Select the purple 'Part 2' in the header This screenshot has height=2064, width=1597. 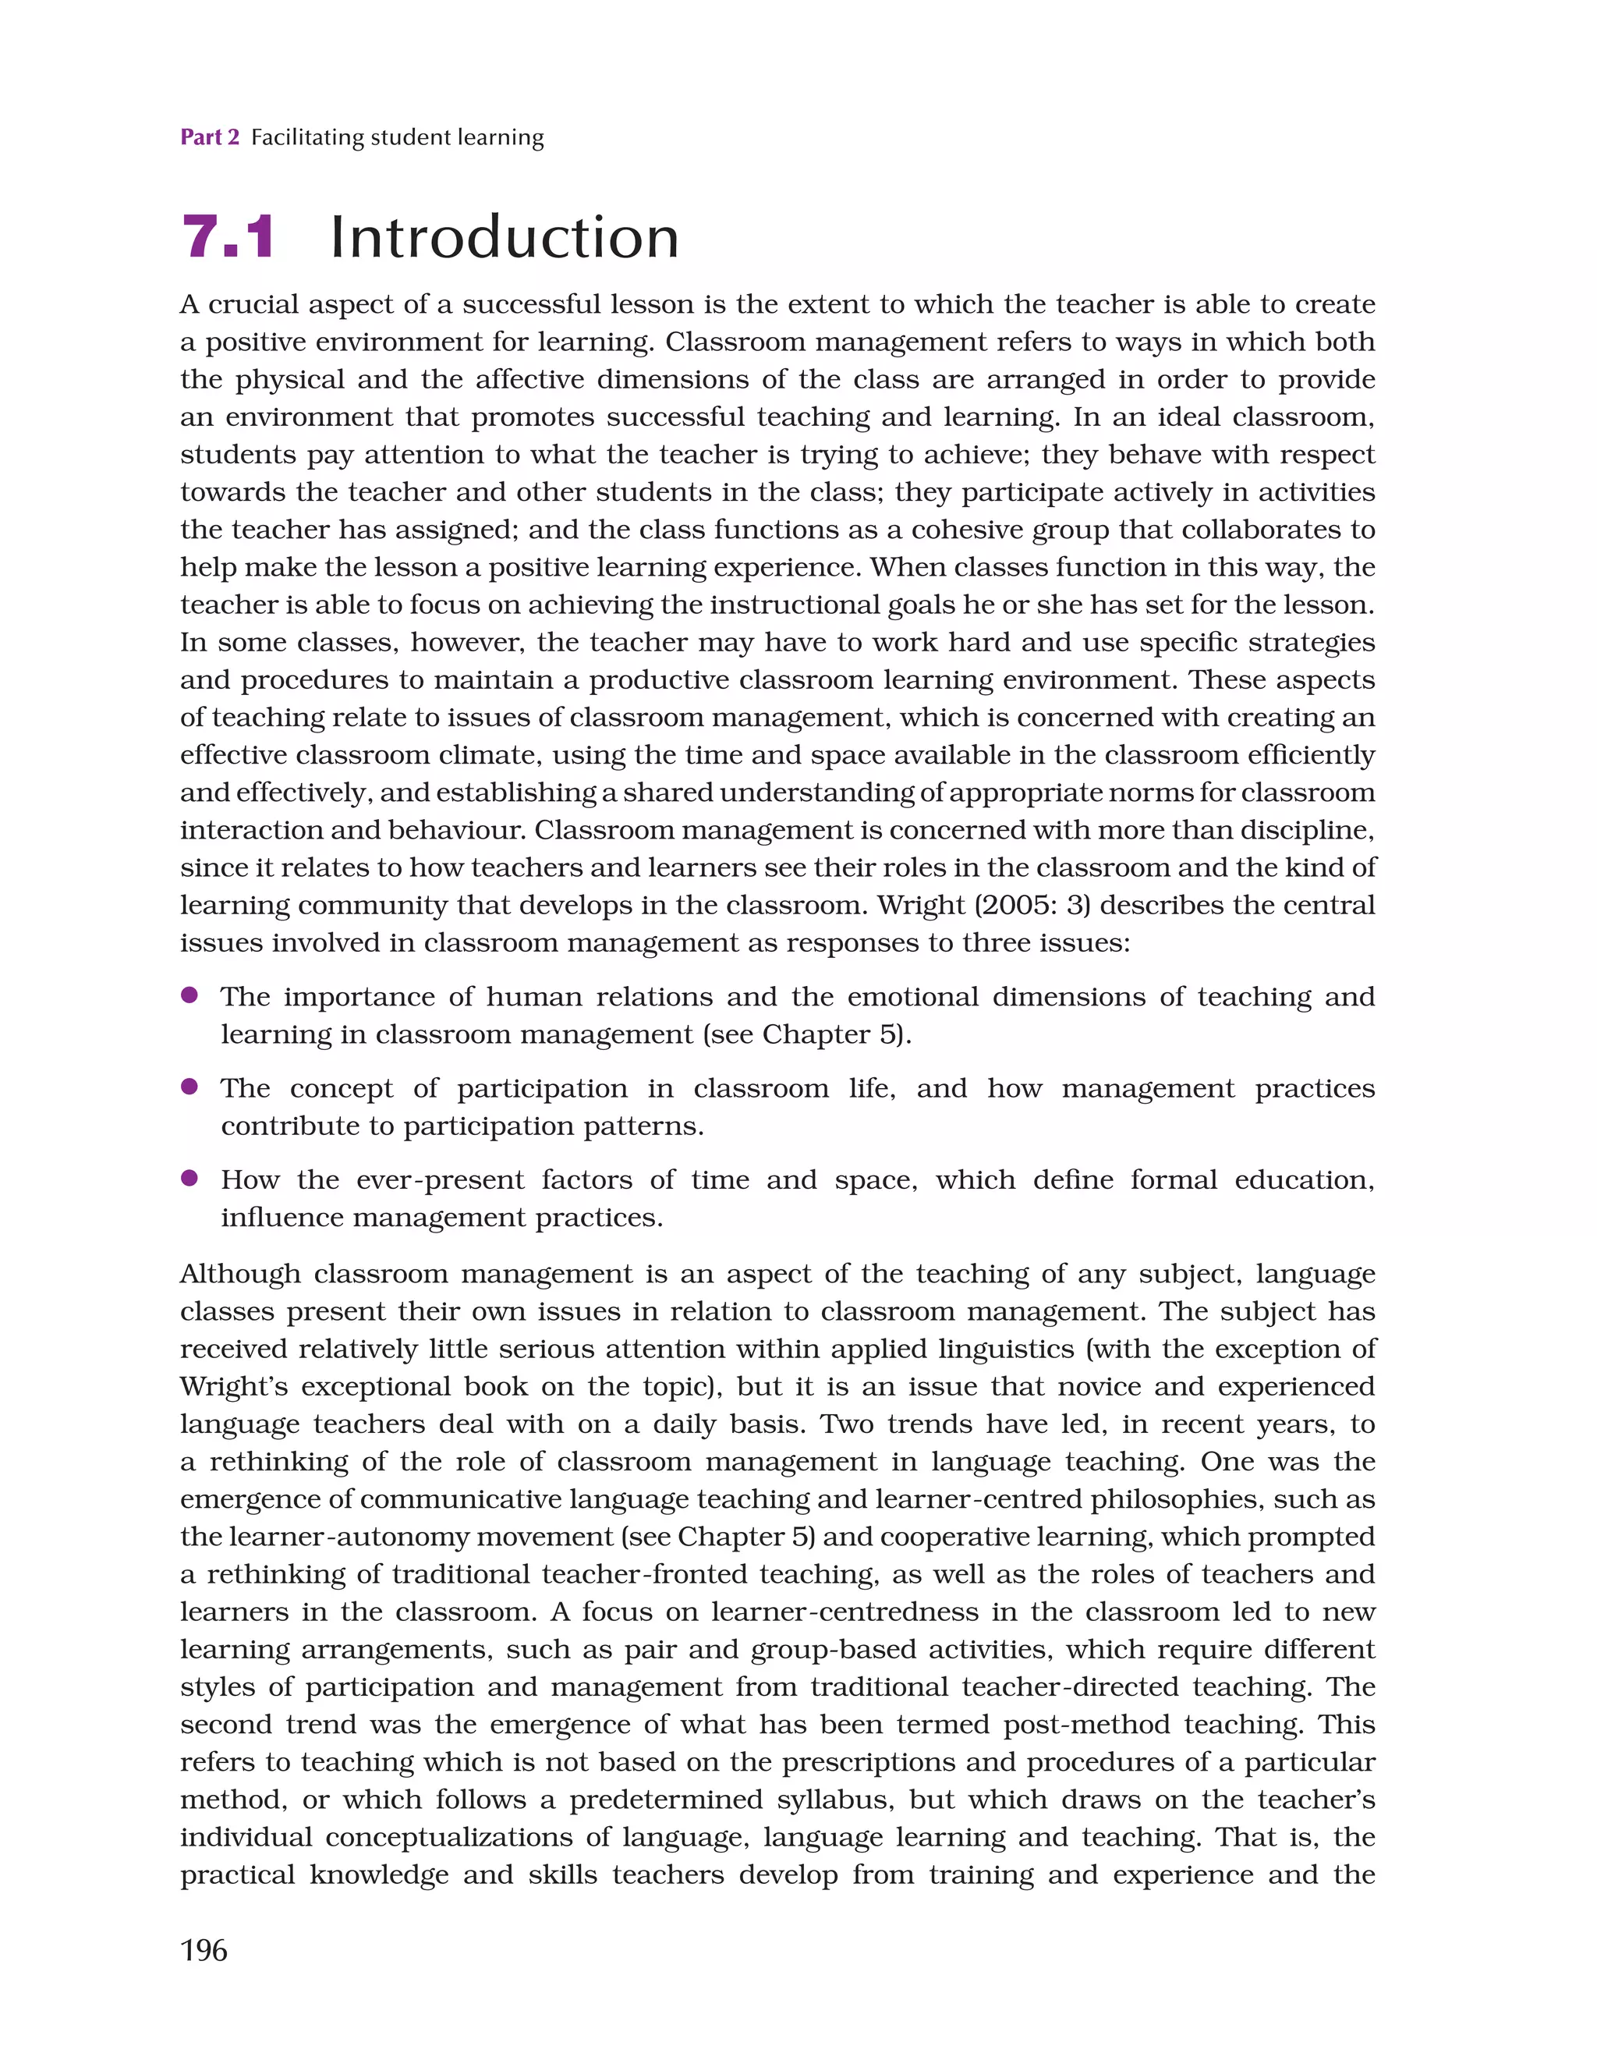coord(210,137)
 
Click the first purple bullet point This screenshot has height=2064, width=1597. coord(189,995)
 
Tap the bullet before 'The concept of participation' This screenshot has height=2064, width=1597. coord(189,1086)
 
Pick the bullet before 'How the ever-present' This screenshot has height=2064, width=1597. coord(189,1178)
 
